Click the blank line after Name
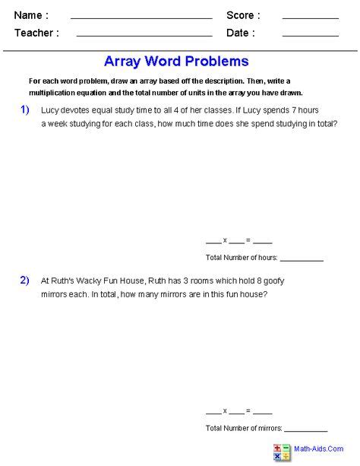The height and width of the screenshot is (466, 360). (141, 17)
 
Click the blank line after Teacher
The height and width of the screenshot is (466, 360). (144, 35)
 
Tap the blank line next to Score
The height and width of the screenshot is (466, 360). (310, 17)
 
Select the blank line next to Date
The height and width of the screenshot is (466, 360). (310, 35)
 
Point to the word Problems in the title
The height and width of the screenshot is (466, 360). (219, 62)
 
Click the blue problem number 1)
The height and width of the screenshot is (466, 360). (25, 110)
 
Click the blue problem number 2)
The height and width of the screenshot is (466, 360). (25, 281)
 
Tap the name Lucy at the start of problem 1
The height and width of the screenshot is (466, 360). (51, 110)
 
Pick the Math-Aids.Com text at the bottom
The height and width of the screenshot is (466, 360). (318, 448)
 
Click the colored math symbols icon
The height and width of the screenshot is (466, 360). (283, 451)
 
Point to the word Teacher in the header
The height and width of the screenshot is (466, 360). (36, 33)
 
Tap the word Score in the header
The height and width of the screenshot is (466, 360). (243, 16)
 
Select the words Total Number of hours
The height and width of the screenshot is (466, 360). (241, 258)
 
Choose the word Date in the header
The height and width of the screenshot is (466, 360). (240, 33)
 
